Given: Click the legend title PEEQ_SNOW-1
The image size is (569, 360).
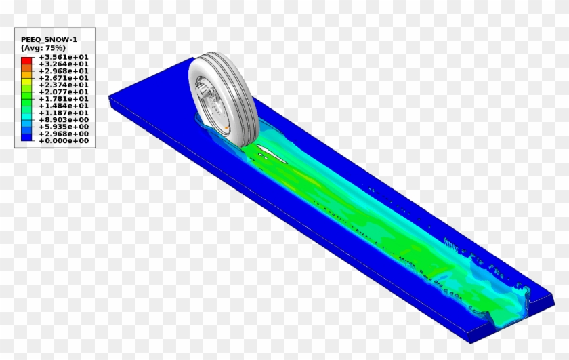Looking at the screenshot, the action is pos(49,39).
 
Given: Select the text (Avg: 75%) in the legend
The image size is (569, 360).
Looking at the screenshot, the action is pos(43,48).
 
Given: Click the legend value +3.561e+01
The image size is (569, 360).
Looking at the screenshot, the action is pos(64,57).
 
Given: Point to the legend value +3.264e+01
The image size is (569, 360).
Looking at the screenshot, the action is pos(64,64).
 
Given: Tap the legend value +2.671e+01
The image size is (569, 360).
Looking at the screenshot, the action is pos(64,78).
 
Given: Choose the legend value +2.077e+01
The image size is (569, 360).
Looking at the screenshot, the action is pos(64,92).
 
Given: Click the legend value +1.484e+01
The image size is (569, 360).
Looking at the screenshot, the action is pos(64,106).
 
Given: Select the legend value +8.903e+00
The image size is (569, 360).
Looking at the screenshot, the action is pos(64,120).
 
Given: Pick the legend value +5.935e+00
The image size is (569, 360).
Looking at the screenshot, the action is pos(64,127).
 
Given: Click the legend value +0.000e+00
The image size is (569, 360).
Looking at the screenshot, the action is pos(64,141).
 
